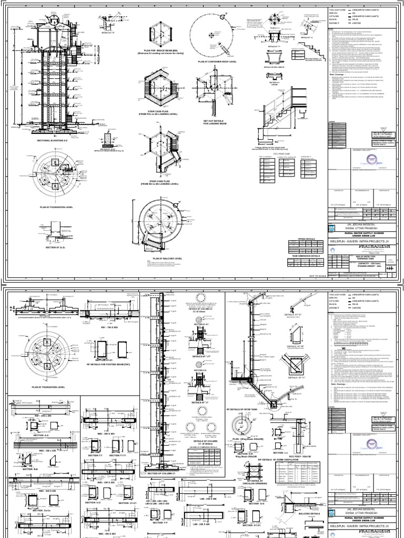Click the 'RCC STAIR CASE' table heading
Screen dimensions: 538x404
(x=282, y=154)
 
